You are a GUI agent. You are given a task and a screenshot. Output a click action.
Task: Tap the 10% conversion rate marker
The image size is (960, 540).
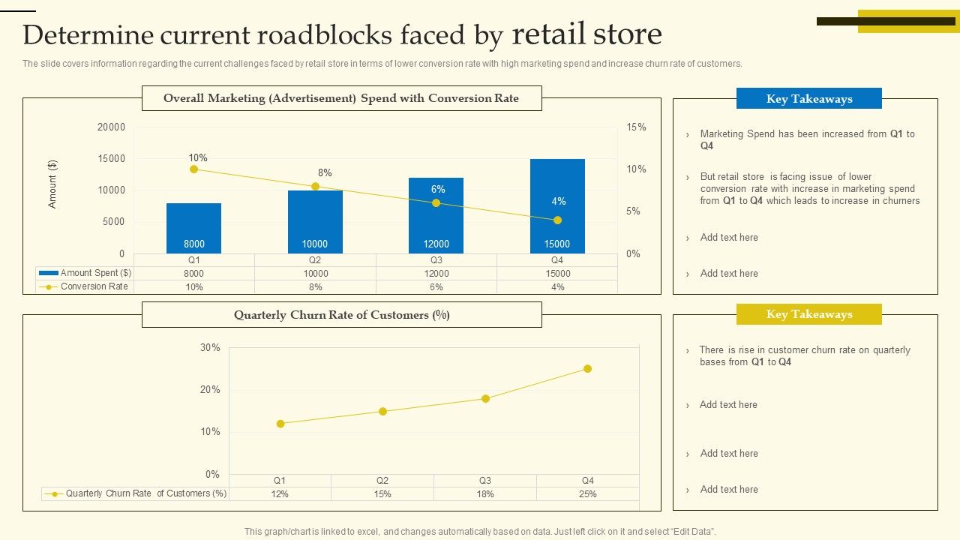click(193, 169)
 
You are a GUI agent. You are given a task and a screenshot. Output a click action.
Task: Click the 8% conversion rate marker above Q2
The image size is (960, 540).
click(315, 187)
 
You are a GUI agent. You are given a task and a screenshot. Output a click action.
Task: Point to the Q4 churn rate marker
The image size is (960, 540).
click(587, 369)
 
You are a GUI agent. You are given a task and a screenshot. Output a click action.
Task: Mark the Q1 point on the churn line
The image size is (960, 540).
click(280, 424)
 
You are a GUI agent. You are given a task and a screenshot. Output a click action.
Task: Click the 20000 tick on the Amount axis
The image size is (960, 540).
click(111, 127)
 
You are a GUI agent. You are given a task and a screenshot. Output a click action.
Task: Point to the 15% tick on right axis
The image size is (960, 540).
click(636, 127)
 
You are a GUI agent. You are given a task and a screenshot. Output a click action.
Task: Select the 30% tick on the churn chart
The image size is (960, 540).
click(210, 348)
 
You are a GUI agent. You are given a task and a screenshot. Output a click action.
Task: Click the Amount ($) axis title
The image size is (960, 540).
click(52, 184)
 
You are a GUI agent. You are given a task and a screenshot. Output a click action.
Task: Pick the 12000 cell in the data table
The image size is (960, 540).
click(436, 274)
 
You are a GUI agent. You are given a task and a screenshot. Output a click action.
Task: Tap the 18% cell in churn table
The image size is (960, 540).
click(485, 494)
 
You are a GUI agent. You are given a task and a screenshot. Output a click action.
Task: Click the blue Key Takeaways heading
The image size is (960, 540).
click(808, 99)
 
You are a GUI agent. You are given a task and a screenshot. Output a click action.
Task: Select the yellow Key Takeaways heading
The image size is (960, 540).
click(808, 314)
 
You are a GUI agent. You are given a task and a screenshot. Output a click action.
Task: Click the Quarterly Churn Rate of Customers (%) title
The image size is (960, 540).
click(342, 315)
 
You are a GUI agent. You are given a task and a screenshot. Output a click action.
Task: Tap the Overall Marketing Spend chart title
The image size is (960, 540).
click(341, 98)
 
